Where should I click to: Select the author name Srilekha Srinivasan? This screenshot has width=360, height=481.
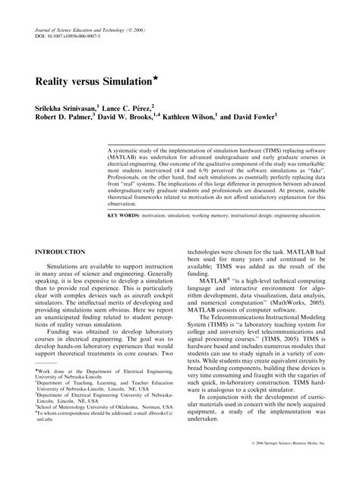pos(64,111)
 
